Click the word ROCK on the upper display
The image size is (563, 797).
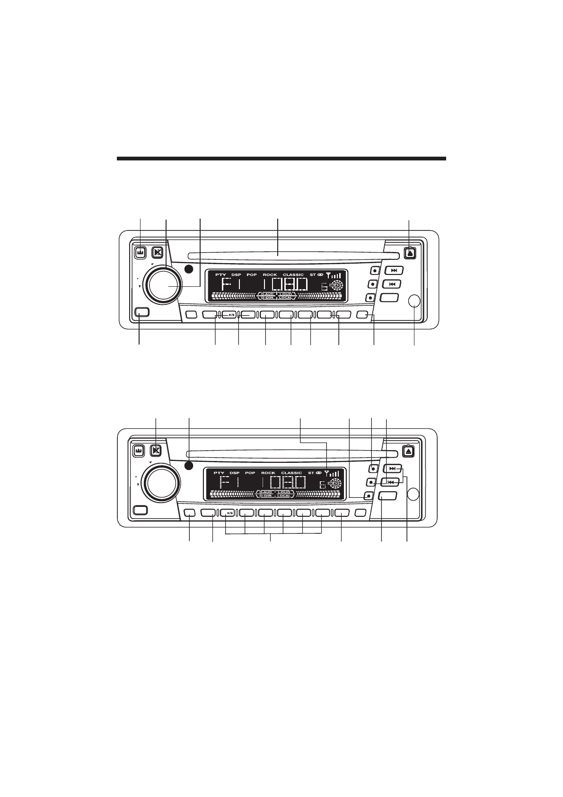[x=270, y=275]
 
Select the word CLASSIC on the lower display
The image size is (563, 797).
[x=291, y=473]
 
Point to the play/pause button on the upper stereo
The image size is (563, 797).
[x=229, y=314]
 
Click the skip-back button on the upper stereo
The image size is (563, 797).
[x=392, y=284]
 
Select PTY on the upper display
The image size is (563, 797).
[x=220, y=275]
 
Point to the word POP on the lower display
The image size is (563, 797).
[x=250, y=473]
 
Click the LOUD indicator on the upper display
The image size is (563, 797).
[x=286, y=294]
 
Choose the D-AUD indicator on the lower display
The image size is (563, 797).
[x=264, y=492]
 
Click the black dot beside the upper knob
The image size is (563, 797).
[x=189, y=270]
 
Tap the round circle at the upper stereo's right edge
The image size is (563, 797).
[x=414, y=301]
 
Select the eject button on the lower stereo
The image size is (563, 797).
[x=409, y=451]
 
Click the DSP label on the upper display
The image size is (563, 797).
[x=236, y=275]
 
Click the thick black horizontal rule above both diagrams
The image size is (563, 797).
[x=281, y=159]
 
